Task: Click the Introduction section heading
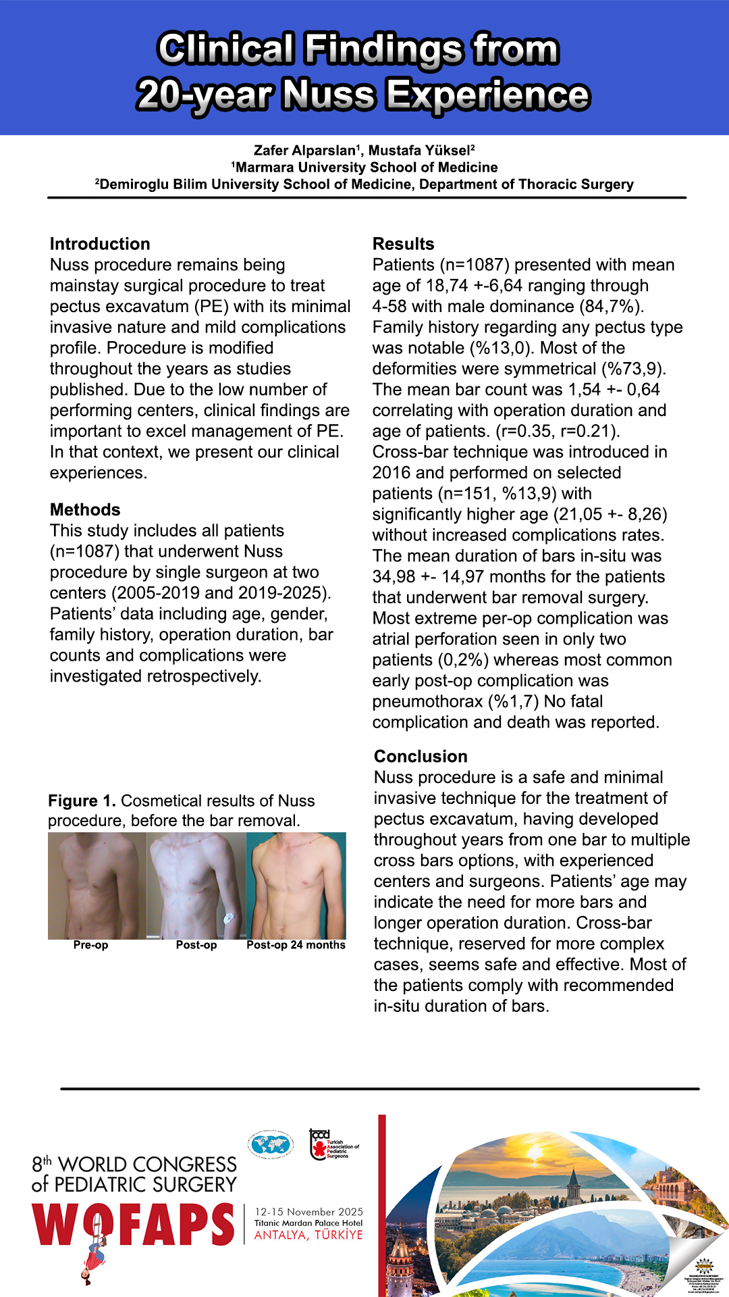click(x=100, y=244)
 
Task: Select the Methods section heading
click(x=85, y=509)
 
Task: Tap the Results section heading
click(x=403, y=244)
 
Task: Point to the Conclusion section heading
click(x=421, y=756)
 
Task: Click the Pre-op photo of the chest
click(x=97, y=885)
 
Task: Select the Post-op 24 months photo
click(x=296, y=885)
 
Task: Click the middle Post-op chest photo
click(x=196, y=885)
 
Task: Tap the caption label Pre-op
click(x=90, y=945)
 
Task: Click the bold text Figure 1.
click(x=82, y=800)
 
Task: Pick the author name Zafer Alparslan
click(x=305, y=150)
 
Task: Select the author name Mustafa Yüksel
click(x=420, y=150)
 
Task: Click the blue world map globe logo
click(x=270, y=1144)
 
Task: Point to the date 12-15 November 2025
click(x=308, y=1212)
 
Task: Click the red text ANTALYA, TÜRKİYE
click(x=308, y=1235)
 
